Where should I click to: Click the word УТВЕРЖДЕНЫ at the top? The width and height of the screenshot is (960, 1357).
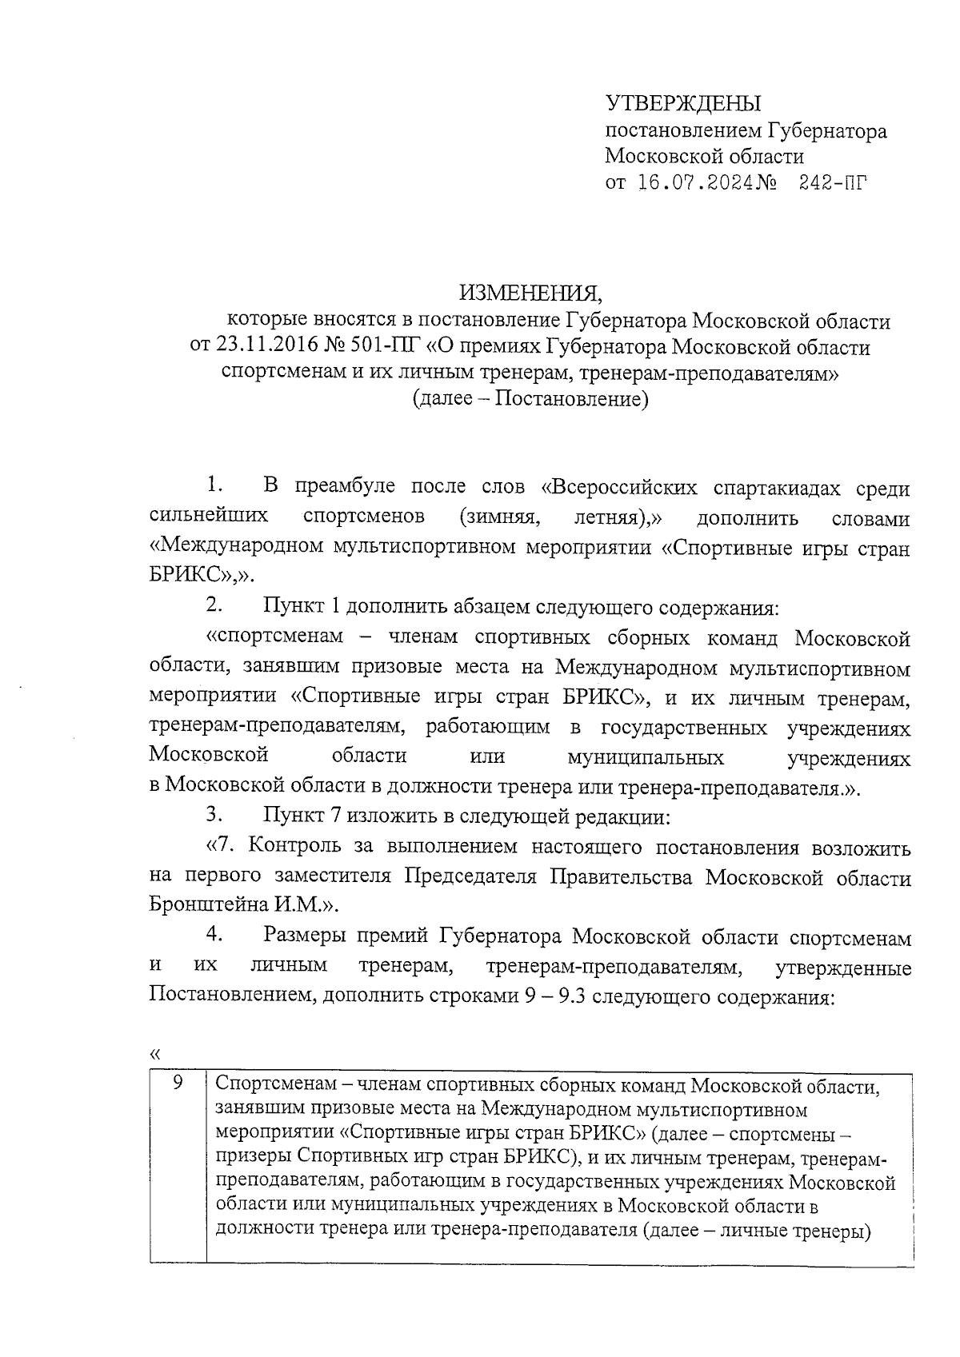(x=683, y=104)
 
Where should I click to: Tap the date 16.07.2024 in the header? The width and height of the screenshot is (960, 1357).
(x=697, y=185)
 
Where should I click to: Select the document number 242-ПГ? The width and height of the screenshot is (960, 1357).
(x=832, y=185)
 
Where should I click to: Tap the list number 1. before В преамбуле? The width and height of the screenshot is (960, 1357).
(x=213, y=485)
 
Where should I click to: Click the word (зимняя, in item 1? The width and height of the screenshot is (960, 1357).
(x=499, y=517)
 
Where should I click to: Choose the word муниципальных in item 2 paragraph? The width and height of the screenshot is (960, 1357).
(x=645, y=756)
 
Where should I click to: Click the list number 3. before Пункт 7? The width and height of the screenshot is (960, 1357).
(x=213, y=816)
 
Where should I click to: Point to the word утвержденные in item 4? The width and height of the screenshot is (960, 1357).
(x=844, y=968)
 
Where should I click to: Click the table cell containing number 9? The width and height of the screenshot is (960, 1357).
(x=178, y=1084)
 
